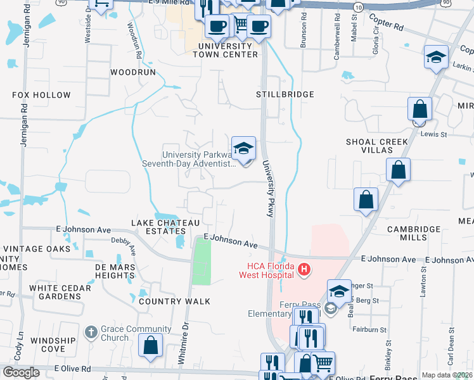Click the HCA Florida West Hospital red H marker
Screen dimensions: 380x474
click(x=304, y=270)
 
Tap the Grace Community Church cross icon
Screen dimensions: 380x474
click(x=91, y=332)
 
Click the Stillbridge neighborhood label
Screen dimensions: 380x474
click(x=285, y=94)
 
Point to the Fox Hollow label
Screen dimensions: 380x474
click(x=41, y=95)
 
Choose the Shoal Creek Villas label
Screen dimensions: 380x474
click(x=369, y=146)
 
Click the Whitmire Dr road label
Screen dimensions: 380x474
click(x=185, y=342)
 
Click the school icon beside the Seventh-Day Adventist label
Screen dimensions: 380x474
click(x=243, y=148)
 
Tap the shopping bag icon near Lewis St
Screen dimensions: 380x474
click(x=420, y=109)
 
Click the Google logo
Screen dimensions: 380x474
click(x=21, y=372)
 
